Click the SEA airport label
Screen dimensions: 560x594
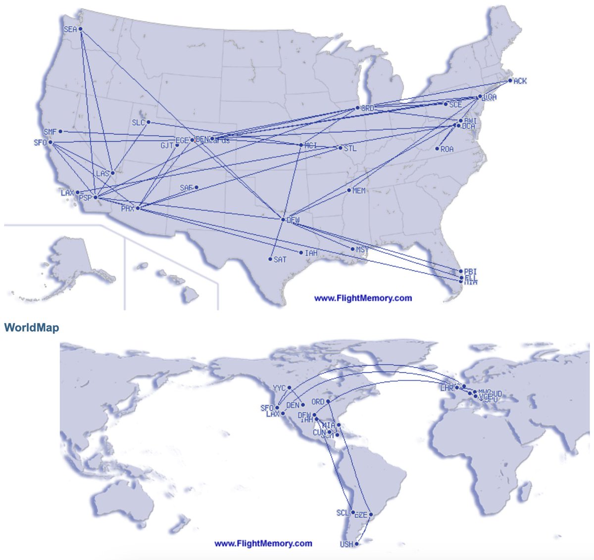click(x=70, y=30)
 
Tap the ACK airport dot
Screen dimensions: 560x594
click(x=510, y=80)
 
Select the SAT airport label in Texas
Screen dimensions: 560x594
click(x=280, y=259)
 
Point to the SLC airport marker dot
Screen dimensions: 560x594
click(x=148, y=122)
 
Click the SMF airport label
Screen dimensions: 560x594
click(x=50, y=132)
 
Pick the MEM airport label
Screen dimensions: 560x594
click(x=359, y=191)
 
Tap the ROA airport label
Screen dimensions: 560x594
click(x=446, y=149)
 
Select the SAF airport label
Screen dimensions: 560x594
click(x=186, y=188)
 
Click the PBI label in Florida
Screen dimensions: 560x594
click(x=470, y=272)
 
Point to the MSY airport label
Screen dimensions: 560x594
click(x=362, y=250)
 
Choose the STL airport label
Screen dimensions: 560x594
click(x=349, y=148)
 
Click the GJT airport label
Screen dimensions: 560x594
click(x=167, y=146)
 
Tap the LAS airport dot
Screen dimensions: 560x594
click(x=113, y=173)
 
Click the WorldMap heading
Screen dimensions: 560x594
click(x=32, y=328)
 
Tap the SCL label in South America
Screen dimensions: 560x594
click(x=343, y=513)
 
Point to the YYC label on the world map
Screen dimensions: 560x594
click(x=279, y=388)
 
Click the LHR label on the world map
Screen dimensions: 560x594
click(x=446, y=388)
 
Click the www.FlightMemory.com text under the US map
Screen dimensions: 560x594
click(x=363, y=298)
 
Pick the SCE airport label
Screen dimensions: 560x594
click(x=455, y=105)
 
